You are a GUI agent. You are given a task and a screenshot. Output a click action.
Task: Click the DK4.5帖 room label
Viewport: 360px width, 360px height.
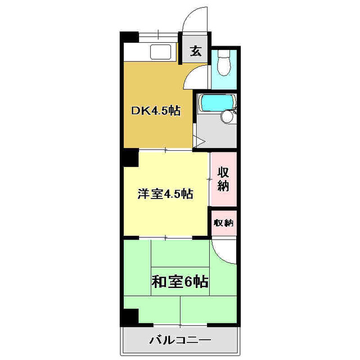tap(156, 111)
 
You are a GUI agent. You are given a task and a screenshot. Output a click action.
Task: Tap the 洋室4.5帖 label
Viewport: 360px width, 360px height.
tap(165, 195)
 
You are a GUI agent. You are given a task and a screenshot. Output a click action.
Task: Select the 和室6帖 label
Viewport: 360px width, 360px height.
tap(180, 281)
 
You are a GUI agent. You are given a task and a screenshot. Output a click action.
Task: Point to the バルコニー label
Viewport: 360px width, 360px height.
tap(180, 340)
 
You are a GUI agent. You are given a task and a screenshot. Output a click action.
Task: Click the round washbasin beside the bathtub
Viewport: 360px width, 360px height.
tap(228, 117)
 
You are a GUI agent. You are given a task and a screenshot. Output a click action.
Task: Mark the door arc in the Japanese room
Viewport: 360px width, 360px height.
tap(224, 252)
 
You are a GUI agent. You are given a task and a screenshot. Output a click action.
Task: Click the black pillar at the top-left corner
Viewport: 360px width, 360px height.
tap(129, 36)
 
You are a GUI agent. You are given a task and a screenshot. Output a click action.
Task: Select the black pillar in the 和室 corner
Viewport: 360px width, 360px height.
tap(130, 317)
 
